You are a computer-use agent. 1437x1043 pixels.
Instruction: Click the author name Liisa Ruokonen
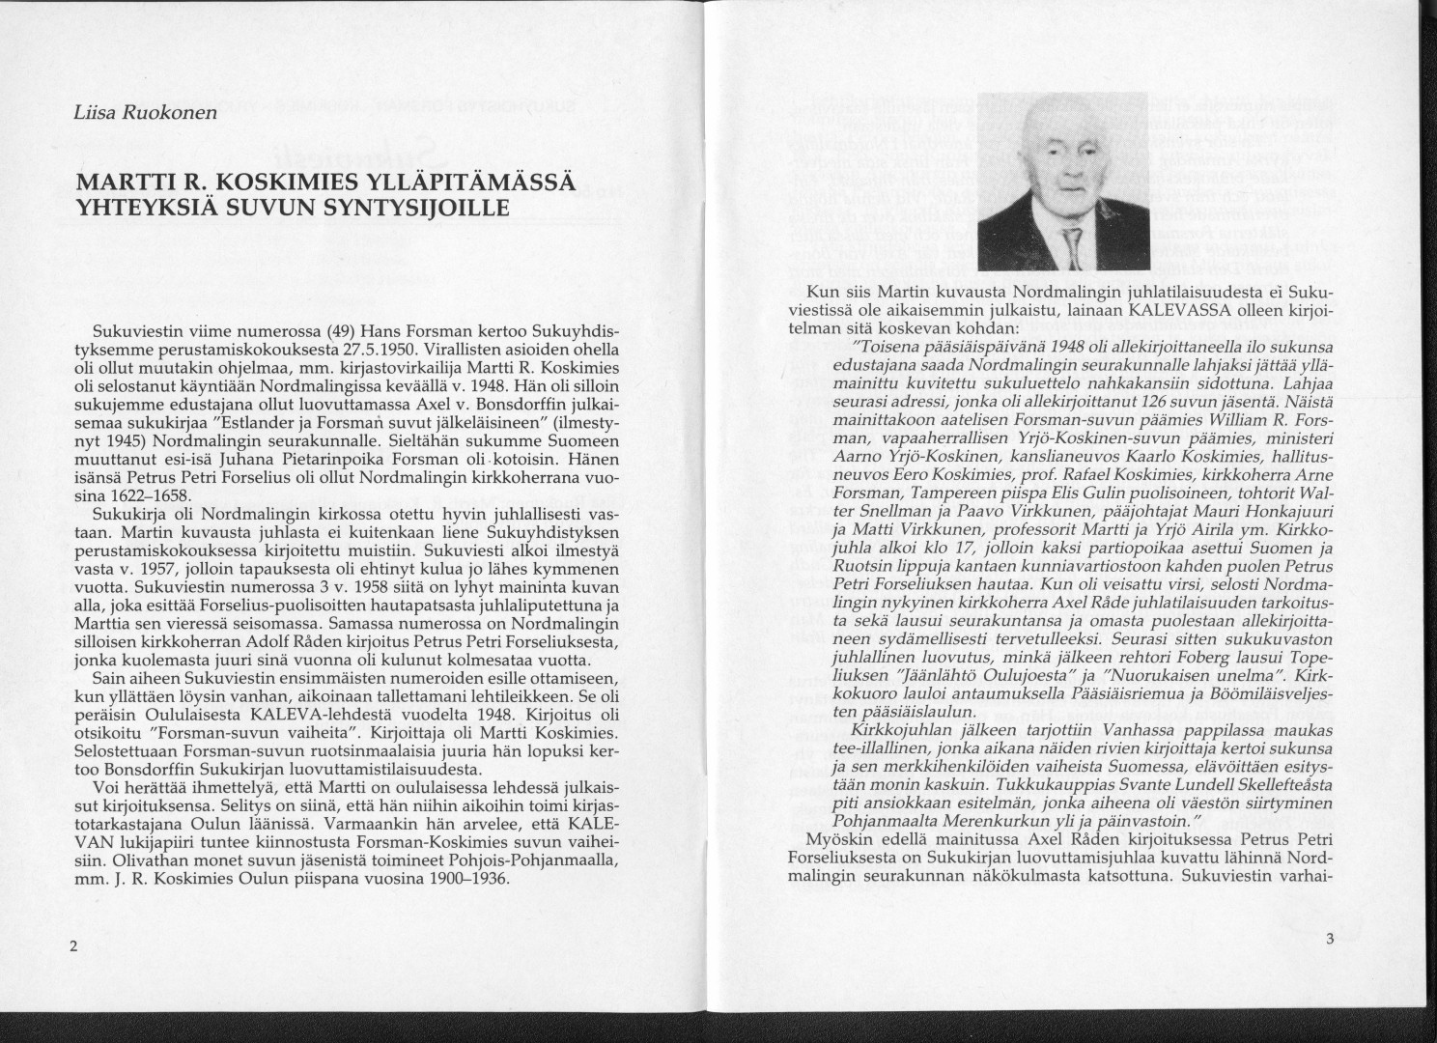coord(145,112)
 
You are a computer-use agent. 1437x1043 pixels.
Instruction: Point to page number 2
coord(73,945)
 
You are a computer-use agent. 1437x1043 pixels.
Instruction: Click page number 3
coord(1329,938)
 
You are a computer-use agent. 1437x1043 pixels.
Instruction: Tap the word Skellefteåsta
coord(1270,786)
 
